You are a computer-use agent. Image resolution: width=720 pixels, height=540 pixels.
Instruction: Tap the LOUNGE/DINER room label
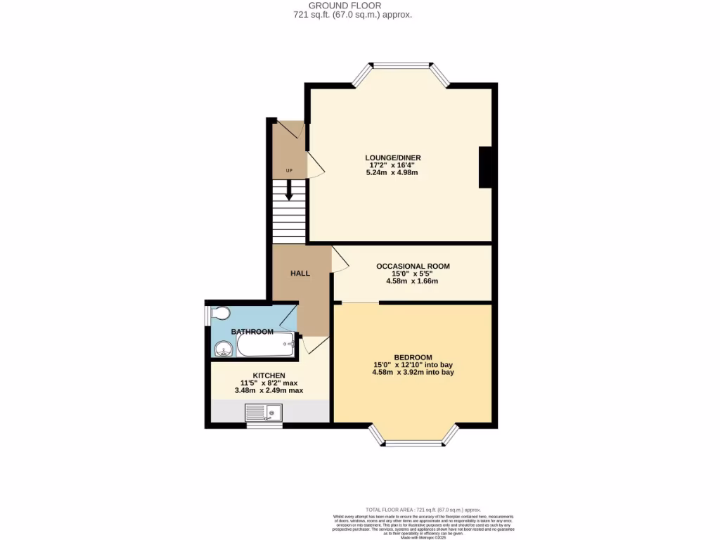[x=392, y=157]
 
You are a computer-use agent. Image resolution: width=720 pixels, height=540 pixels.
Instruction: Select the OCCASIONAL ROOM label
[x=413, y=266]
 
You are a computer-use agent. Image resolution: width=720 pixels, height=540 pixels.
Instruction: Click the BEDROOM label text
[x=413, y=357]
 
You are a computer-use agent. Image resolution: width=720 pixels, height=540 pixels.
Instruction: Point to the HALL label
[x=300, y=274]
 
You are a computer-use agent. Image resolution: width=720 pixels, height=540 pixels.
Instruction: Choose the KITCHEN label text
[x=269, y=375]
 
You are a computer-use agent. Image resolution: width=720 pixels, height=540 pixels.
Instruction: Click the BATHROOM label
[x=252, y=332]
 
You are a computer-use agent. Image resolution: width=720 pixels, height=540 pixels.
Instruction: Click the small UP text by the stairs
[x=288, y=171]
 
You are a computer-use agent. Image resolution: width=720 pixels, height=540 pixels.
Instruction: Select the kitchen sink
[x=263, y=413]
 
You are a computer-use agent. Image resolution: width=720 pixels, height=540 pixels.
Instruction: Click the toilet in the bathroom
[x=219, y=313]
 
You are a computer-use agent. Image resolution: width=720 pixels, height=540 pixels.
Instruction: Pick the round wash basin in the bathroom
[x=224, y=348]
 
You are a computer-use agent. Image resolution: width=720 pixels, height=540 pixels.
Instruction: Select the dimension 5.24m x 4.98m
[x=392, y=172]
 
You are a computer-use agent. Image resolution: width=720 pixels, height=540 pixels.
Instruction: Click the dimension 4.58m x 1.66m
[x=413, y=281]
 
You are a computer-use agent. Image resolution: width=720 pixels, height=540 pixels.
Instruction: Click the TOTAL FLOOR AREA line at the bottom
[x=423, y=509]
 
